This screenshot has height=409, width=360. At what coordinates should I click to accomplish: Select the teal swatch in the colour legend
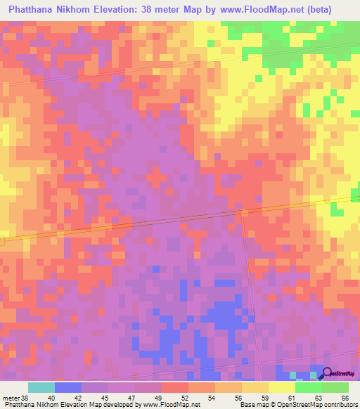click(41, 387)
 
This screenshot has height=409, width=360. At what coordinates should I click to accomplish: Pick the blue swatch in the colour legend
click(68, 387)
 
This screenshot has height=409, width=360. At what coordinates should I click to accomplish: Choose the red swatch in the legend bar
click(175, 387)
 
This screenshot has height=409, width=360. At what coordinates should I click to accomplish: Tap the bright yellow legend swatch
click(282, 387)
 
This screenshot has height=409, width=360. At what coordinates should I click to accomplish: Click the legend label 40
click(51, 397)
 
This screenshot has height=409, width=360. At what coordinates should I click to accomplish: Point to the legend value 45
click(105, 397)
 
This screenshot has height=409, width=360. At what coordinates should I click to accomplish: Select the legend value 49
click(157, 397)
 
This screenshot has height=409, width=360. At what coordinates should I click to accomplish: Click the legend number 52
click(184, 397)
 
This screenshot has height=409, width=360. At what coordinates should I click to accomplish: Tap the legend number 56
click(238, 397)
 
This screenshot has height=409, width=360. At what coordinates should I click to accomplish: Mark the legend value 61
click(291, 397)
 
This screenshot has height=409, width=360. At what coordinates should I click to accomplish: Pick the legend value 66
click(345, 397)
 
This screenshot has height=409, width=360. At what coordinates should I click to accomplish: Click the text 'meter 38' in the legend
click(15, 397)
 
